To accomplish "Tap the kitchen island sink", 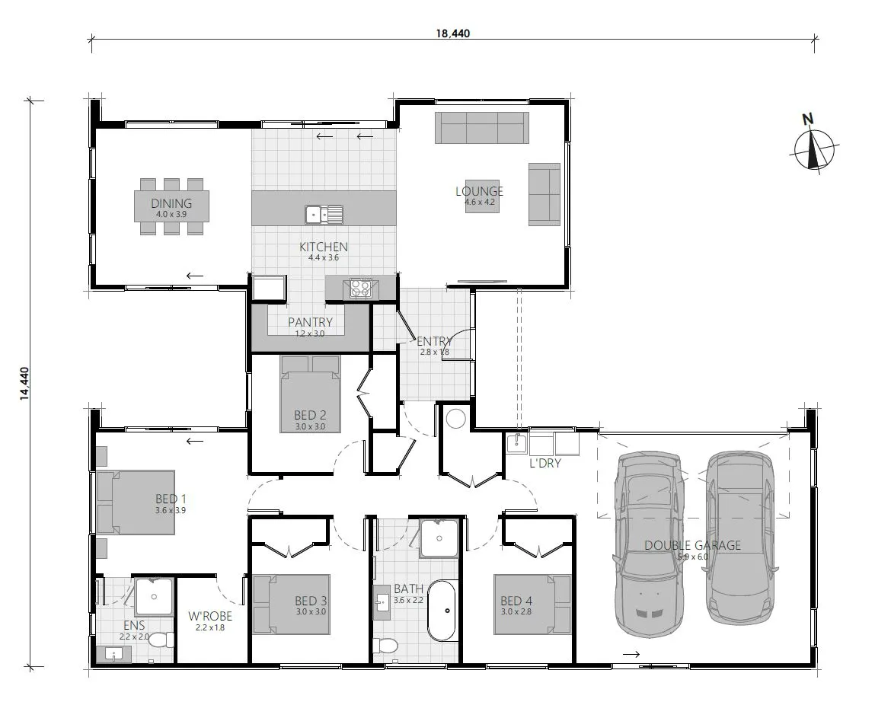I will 324,215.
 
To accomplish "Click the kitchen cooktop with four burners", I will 359,288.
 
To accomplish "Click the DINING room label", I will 171,203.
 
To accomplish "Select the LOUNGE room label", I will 480,191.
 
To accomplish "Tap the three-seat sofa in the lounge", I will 481,127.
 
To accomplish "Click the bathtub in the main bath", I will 442,611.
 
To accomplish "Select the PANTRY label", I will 309,322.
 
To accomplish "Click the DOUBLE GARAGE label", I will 692,545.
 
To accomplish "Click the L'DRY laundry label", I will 544,462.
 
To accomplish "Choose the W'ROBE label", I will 210,616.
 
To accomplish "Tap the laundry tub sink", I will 517,442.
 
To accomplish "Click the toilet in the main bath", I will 386,646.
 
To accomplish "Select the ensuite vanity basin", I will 113,654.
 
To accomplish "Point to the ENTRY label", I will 435,342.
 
